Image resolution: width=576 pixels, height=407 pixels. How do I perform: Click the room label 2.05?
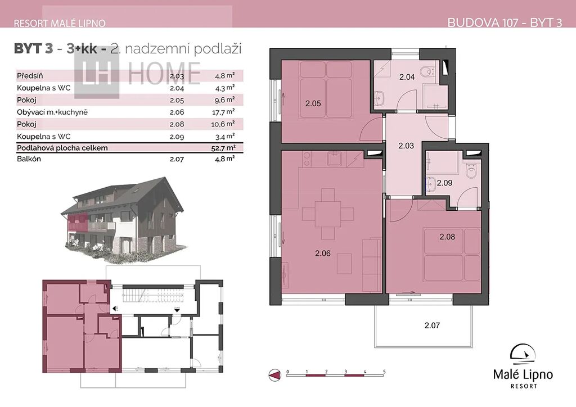point(313,103)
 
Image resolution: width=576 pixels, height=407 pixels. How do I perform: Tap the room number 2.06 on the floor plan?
point(323,253)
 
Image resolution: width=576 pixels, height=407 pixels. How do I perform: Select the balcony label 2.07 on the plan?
point(432,325)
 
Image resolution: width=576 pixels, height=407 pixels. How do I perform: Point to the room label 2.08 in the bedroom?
point(447,237)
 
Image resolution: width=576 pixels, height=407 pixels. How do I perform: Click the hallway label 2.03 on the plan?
point(406,146)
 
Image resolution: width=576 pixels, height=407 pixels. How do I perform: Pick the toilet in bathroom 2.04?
point(428,71)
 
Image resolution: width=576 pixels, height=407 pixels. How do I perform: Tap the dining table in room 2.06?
point(328,213)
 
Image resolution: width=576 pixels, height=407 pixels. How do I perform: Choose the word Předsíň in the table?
point(30,75)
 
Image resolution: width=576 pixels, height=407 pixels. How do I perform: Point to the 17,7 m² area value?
point(223,112)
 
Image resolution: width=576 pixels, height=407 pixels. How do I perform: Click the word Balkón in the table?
point(29,159)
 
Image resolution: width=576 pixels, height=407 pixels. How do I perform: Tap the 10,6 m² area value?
point(223,124)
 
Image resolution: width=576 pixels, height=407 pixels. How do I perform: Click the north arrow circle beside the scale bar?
point(274,375)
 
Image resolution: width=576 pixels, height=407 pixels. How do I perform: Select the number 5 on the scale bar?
point(384,372)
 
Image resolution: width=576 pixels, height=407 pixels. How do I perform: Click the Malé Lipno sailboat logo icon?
point(523,355)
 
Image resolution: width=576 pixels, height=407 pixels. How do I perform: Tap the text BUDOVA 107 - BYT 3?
point(505,22)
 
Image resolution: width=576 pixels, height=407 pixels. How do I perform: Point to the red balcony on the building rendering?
point(78,223)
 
